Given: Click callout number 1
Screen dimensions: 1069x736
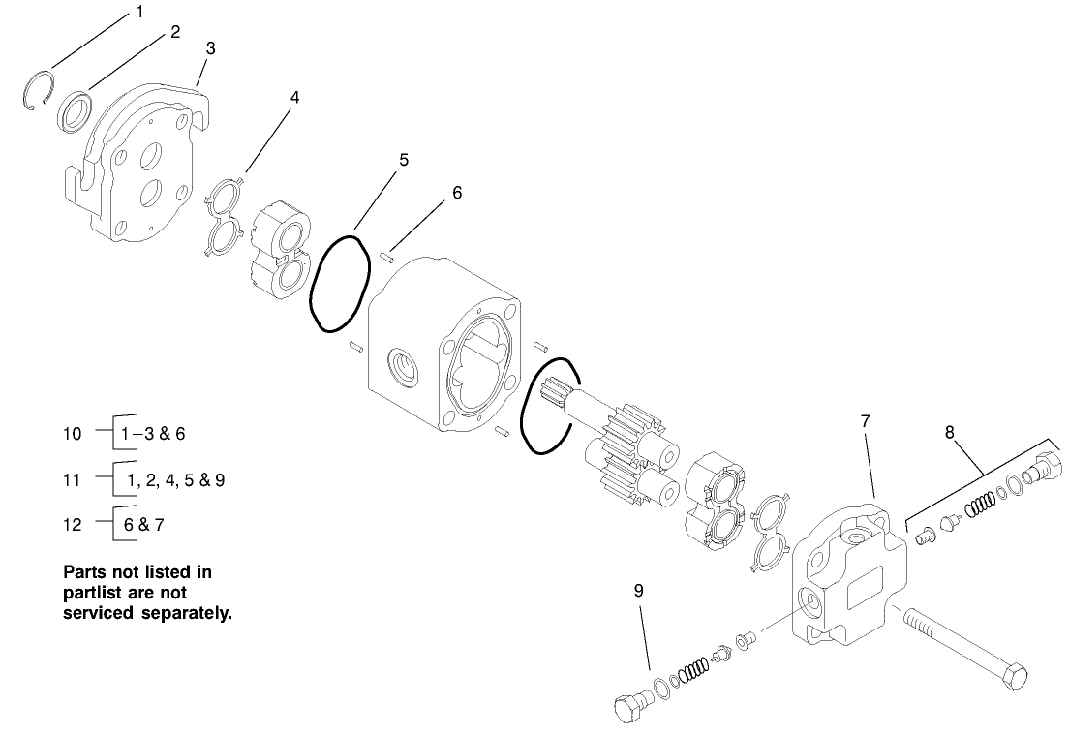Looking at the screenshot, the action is [139, 13].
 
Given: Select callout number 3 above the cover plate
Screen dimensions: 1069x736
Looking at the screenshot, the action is [211, 47].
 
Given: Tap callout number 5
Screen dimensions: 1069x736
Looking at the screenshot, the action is [404, 160].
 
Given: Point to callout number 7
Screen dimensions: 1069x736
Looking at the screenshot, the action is [865, 421].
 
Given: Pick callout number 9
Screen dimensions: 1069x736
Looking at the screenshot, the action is [638, 588].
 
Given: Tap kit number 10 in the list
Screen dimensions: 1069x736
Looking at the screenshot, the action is [73, 433].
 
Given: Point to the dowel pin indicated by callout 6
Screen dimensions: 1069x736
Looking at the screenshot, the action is [386, 257].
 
